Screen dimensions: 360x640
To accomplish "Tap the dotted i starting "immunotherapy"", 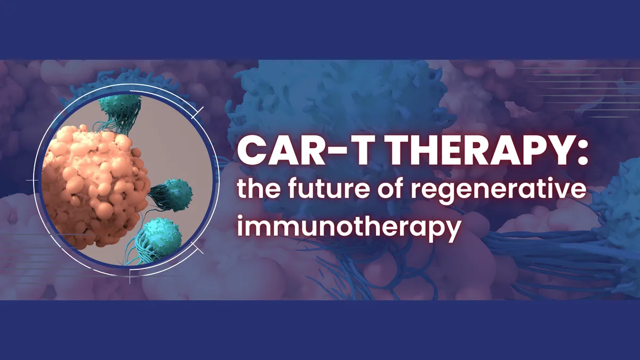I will [x=241, y=226].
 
